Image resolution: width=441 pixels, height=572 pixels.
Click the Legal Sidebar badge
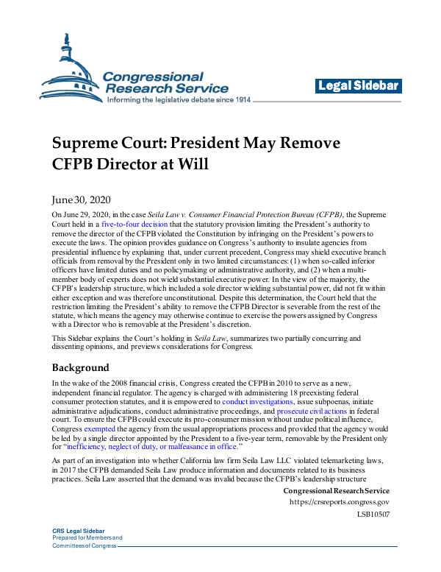(359, 86)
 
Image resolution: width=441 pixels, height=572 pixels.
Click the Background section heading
(80, 367)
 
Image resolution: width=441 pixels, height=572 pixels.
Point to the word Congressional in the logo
(154, 77)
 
